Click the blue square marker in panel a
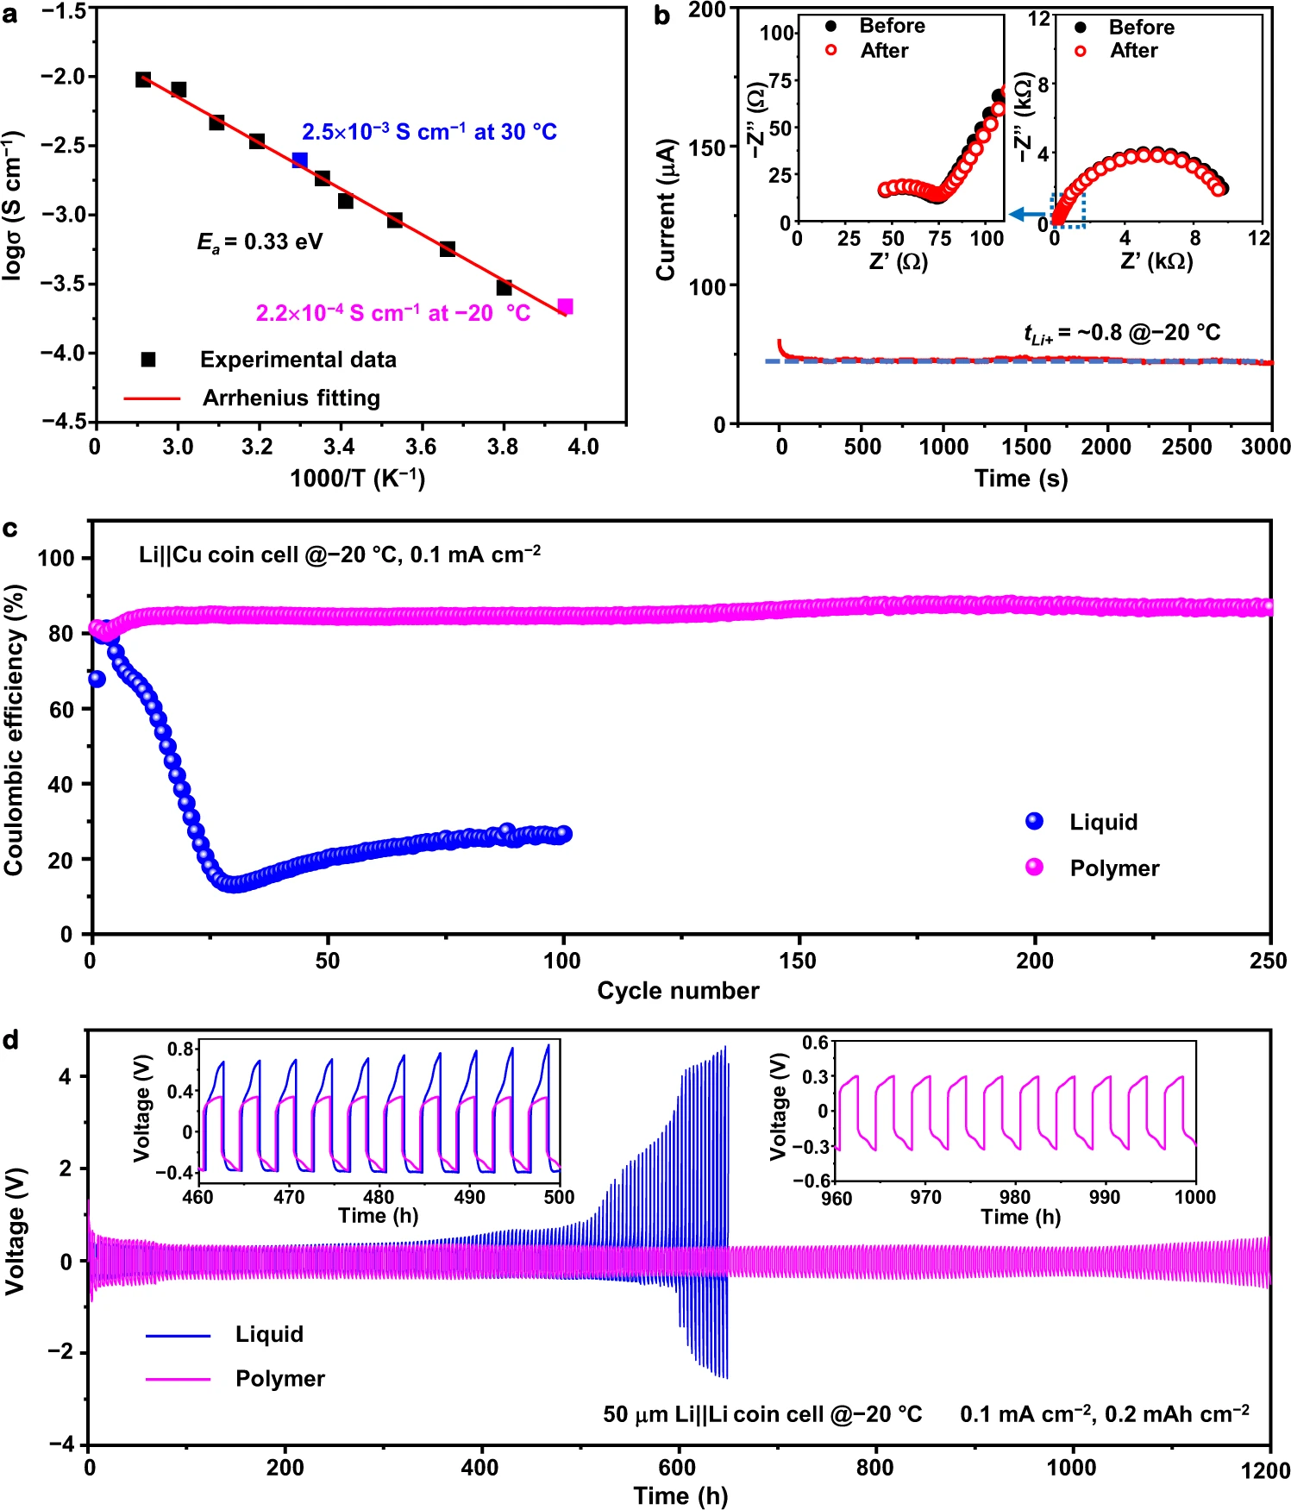click(x=299, y=160)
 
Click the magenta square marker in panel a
click(x=565, y=307)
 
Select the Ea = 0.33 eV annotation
click(x=260, y=242)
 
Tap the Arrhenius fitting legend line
click(x=152, y=398)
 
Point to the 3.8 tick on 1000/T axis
click(x=503, y=447)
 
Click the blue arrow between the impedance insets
click(x=1025, y=214)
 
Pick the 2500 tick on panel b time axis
click(x=1188, y=447)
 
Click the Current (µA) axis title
click(x=665, y=210)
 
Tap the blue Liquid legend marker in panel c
click(x=1034, y=822)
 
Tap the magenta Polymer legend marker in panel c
click(x=1034, y=868)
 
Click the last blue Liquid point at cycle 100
click(x=563, y=834)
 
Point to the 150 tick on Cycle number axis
click(x=798, y=961)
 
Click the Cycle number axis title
click(x=678, y=991)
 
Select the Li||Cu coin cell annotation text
click(x=340, y=555)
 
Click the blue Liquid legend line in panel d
click(x=178, y=1336)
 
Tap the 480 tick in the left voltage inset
click(x=379, y=1197)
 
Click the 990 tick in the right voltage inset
click(x=1105, y=1197)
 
